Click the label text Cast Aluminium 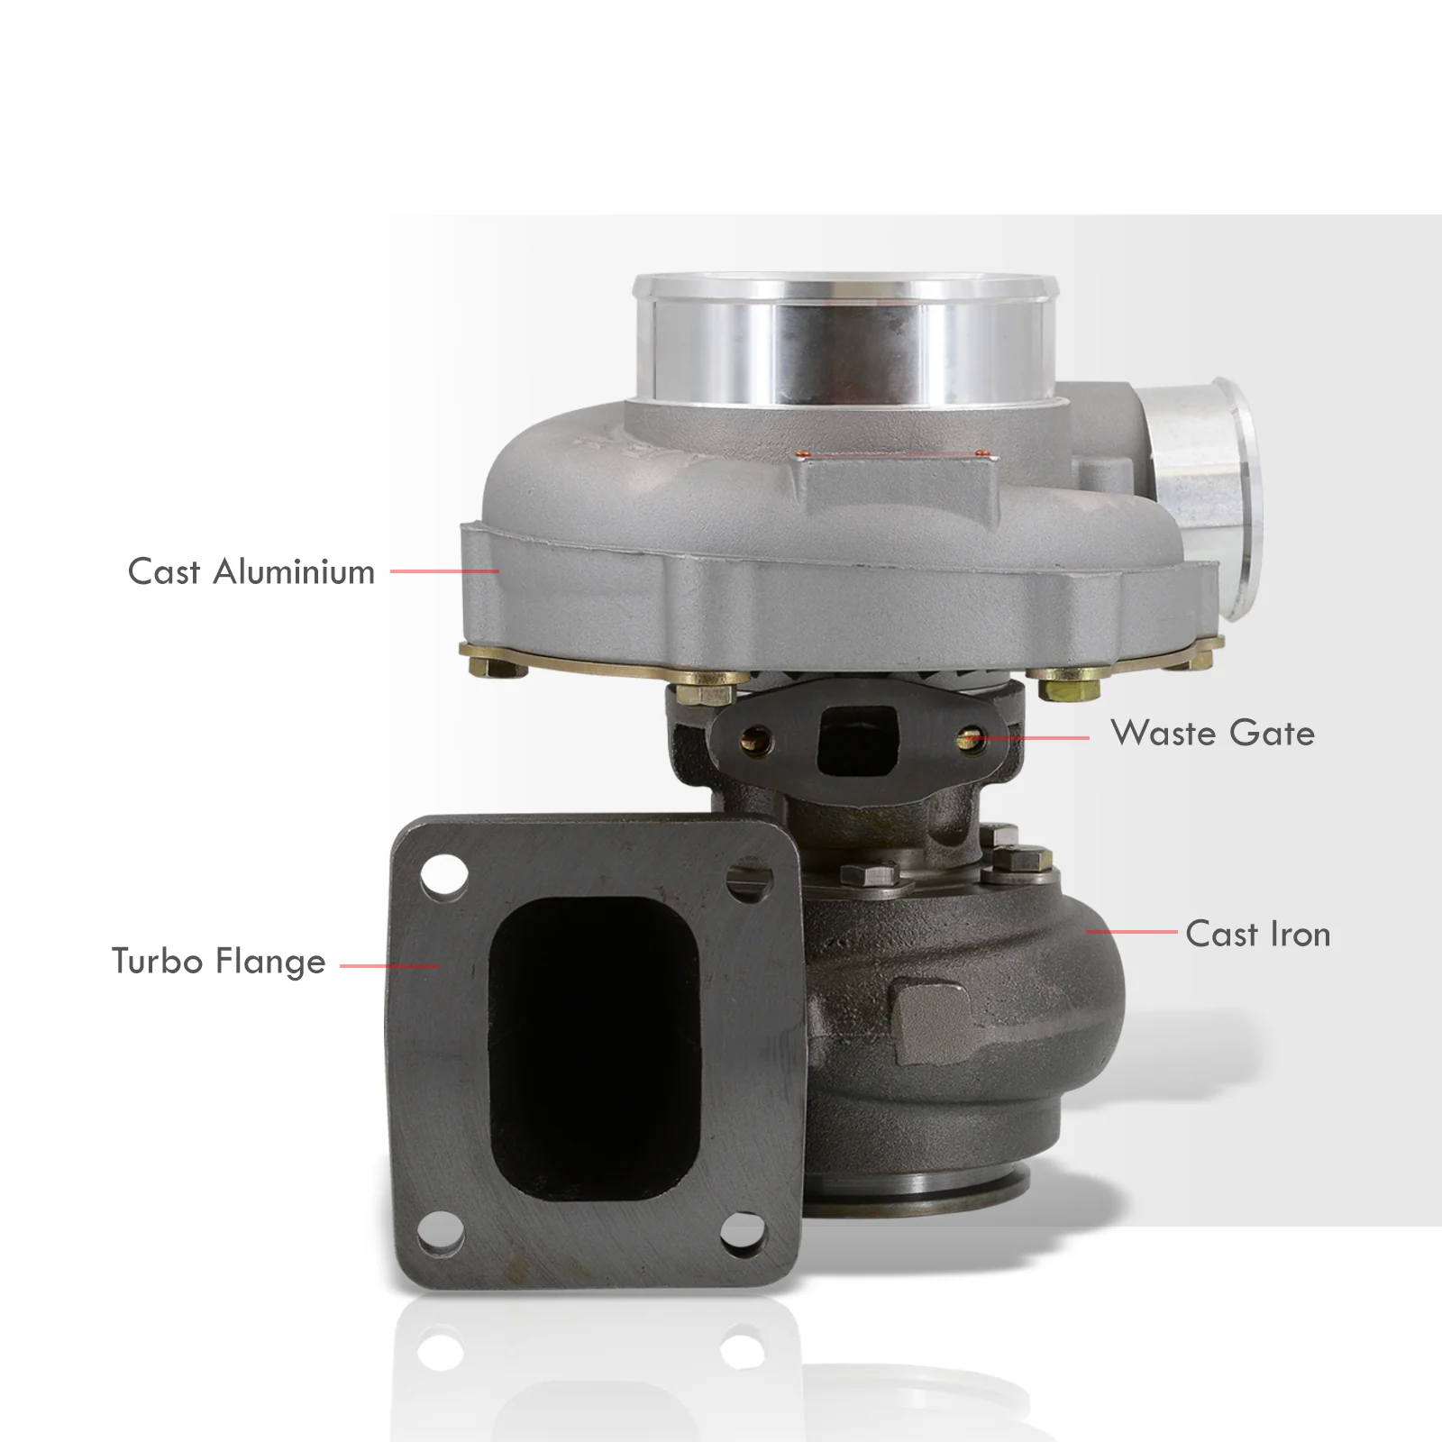251,571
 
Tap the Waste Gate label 1213,733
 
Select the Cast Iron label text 1258,934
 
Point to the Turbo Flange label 219,962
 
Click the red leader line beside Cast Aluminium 444,571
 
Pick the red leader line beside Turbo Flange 389,965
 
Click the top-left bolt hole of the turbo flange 444,875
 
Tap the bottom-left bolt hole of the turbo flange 442,1231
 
